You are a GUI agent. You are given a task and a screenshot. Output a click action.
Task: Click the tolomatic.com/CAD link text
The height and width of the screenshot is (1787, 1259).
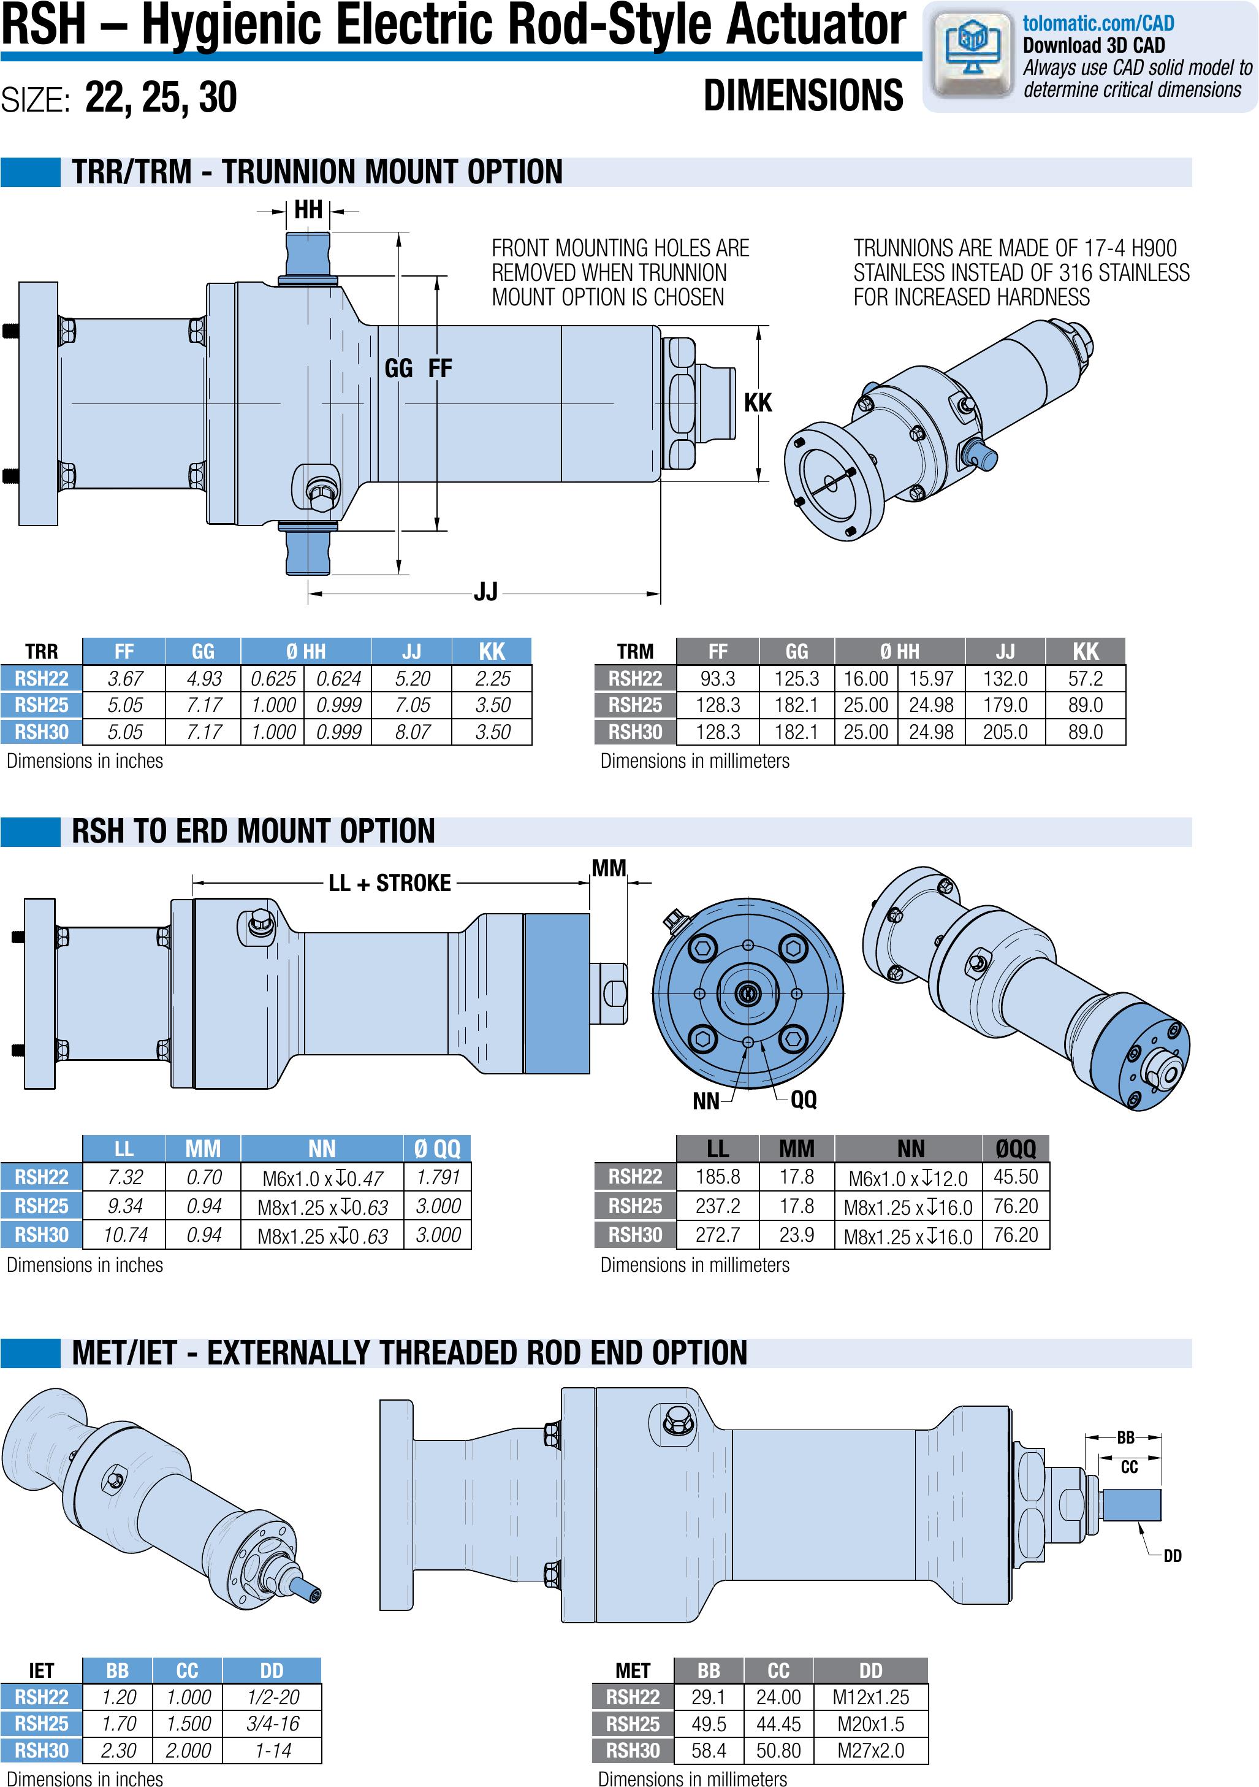point(1097,23)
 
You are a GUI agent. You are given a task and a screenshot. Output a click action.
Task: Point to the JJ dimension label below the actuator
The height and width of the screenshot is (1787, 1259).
point(485,592)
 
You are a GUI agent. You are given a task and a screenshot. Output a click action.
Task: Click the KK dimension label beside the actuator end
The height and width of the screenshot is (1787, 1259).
point(758,402)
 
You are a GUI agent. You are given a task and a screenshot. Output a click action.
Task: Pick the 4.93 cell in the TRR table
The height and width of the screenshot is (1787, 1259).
point(204,679)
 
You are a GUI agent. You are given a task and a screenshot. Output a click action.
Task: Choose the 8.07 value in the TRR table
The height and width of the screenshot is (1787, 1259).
point(413,732)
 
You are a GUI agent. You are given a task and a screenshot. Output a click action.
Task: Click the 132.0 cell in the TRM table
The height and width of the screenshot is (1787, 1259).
point(1005,679)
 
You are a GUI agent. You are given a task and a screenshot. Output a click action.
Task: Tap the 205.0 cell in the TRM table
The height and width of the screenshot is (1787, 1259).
point(1005,732)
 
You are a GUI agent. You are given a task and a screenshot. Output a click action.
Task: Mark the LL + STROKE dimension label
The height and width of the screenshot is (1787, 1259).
point(390,884)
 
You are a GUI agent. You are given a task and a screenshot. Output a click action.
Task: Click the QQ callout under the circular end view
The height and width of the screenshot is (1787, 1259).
point(804,1099)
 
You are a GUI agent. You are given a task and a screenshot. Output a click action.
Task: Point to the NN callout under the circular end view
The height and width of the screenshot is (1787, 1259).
point(706,1101)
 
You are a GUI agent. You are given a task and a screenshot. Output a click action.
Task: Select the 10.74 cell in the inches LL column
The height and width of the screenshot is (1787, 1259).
point(124,1235)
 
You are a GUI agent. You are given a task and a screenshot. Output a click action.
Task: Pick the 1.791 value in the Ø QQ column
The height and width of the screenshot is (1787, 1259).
point(438,1177)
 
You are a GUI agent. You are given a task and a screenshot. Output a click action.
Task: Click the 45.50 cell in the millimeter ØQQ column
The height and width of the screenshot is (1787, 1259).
point(1016,1177)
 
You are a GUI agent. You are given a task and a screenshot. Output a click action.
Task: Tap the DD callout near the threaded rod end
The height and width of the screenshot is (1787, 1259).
point(1172,1556)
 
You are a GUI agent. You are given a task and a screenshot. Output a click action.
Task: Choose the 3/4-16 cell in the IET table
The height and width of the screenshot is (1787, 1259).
point(272,1724)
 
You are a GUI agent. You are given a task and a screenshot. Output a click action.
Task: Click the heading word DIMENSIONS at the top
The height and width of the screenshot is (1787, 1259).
point(803,96)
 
